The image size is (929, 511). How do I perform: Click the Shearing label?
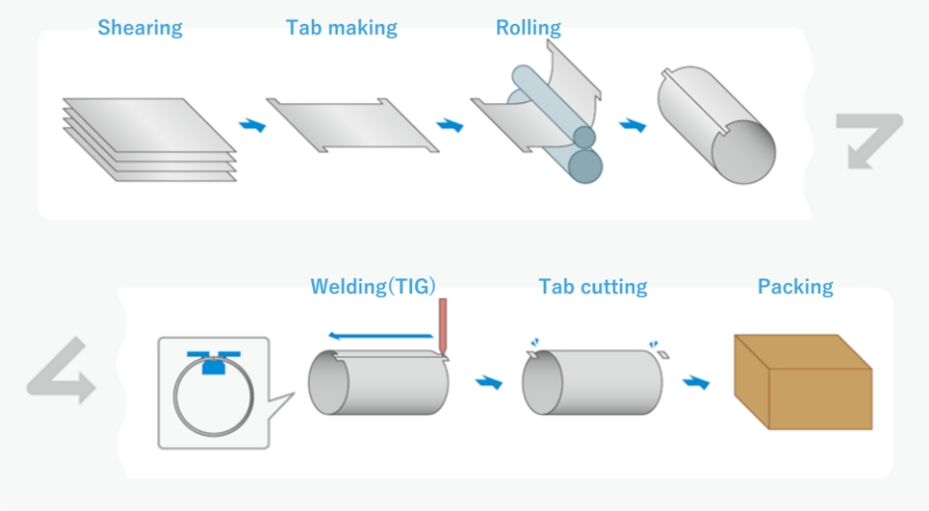point(140,28)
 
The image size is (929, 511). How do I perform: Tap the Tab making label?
point(342,28)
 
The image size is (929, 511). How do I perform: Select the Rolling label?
point(528,28)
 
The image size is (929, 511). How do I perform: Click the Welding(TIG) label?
point(372,287)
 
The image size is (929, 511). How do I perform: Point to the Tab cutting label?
point(592,287)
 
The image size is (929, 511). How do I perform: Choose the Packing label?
point(795,287)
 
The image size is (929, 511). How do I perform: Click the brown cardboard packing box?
point(802,381)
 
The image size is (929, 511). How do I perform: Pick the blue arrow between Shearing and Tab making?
point(254,127)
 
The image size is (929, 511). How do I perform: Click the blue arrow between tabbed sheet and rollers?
point(452,127)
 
